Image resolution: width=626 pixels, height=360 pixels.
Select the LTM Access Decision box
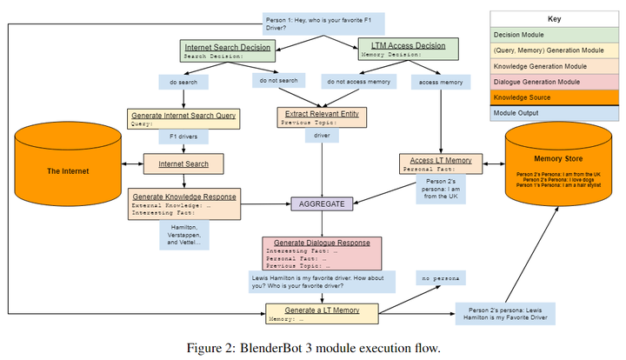[403, 50]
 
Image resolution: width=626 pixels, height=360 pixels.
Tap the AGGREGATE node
[323, 203]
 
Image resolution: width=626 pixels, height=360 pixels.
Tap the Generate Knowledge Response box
[184, 203]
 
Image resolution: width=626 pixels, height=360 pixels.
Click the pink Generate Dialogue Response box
[323, 252]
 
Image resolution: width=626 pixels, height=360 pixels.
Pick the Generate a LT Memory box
[323, 314]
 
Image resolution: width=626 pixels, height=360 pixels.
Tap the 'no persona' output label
[440, 279]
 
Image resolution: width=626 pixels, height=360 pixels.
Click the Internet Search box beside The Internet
[183, 163]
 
